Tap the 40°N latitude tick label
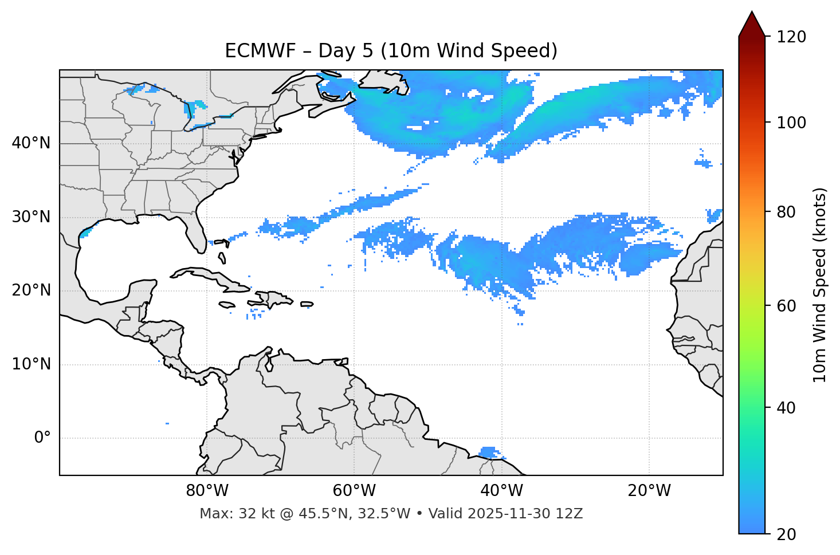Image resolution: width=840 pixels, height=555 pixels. pos(31,143)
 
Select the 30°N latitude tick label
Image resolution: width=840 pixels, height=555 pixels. pos(31,217)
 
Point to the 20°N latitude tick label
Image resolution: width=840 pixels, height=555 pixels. pos(31,290)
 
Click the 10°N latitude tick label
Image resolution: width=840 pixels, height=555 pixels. pos(31,364)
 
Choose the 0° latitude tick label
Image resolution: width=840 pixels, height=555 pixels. pos(42,438)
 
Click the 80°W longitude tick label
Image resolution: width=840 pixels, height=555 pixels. pos(207,491)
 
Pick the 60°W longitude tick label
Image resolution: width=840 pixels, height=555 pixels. pos(354,491)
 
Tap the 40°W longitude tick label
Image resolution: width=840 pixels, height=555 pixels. pos(501,491)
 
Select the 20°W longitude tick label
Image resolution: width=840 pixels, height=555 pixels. pos(649,491)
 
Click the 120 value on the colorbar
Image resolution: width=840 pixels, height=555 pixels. pos(791,37)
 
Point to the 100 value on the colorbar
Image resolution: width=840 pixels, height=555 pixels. pos(791,123)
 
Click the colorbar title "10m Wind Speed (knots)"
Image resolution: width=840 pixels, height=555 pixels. pos(820,285)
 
